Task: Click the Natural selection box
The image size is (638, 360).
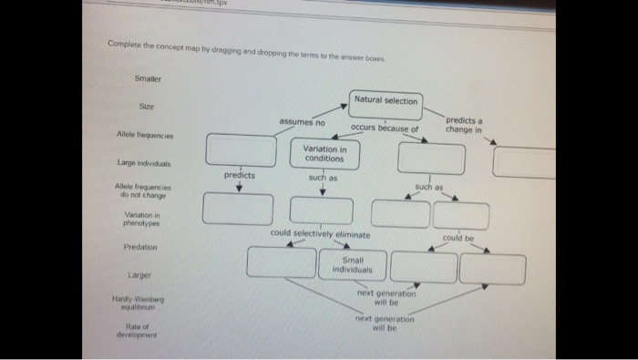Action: [x=385, y=101]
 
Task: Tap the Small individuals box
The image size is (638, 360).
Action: [x=351, y=265]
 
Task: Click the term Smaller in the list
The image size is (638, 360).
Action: [x=149, y=78]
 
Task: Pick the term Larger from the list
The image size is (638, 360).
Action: [x=139, y=273]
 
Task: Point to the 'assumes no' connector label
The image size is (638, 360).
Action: [x=303, y=122]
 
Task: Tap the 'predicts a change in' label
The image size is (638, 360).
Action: [x=464, y=124]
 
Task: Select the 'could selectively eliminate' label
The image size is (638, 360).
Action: [x=320, y=234]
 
